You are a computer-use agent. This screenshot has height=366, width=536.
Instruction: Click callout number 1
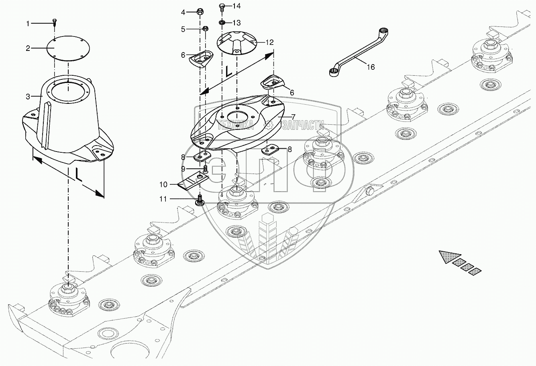(x=28, y=24)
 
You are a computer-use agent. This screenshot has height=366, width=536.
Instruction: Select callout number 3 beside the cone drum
(x=28, y=97)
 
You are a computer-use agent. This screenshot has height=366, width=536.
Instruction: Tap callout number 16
(x=371, y=67)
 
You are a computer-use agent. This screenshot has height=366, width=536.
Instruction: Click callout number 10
(x=163, y=184)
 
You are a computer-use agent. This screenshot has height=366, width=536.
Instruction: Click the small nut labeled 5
(x=205, y=29)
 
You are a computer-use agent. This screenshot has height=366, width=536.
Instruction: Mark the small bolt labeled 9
(x=206, y=168)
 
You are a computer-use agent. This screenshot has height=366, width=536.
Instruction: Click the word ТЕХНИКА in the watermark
(x=235, y=125)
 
